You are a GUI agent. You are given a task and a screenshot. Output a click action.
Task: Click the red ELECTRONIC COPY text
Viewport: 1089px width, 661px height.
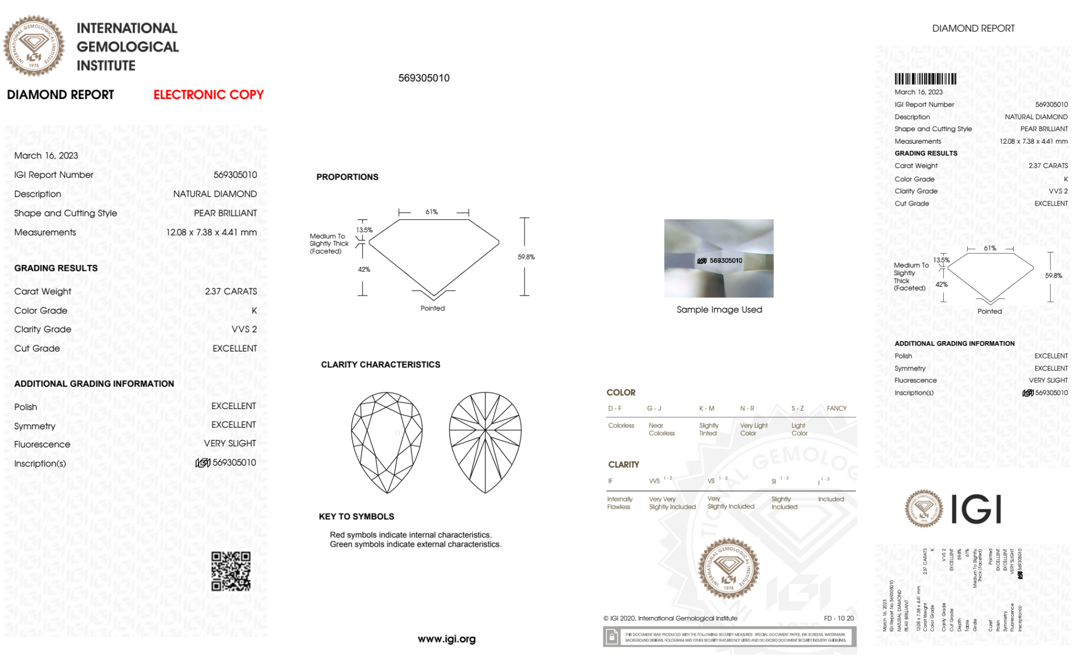(x=208, y=95)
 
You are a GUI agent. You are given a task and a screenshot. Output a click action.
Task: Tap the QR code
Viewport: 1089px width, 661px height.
(x=231, y=571)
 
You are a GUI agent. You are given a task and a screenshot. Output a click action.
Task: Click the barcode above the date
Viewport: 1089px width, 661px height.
(x=925, y=79)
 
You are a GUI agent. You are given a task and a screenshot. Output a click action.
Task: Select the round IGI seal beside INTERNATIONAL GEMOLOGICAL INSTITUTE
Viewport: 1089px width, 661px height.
(x=34, y=46)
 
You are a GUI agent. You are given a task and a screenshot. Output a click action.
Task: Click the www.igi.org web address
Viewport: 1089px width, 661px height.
(x=446, y=639)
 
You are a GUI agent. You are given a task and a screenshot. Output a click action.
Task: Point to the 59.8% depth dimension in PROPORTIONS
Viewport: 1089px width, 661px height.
(x=526, y=257)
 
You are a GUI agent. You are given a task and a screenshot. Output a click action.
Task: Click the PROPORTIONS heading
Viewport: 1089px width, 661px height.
(x=347, y=177)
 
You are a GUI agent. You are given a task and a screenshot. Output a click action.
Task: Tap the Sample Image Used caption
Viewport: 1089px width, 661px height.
(x=719, y=310)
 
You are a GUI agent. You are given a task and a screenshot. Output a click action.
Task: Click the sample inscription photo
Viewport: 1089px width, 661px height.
(x=718, y=258)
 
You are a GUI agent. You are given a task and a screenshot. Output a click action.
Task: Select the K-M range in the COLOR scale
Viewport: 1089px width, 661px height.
(x=706, y=408)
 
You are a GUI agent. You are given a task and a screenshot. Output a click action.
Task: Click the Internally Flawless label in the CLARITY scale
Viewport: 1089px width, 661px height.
(x=619, y=503)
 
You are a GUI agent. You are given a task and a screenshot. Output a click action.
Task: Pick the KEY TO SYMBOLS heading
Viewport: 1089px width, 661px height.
(x=356, y=516)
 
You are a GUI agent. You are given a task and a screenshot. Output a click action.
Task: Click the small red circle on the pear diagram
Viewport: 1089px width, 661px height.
(x=398, y=433)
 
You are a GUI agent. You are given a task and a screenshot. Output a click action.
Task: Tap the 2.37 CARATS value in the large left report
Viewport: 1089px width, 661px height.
(x=231, y=291)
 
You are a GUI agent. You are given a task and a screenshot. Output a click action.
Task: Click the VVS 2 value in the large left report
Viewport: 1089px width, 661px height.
(x=244, y=329)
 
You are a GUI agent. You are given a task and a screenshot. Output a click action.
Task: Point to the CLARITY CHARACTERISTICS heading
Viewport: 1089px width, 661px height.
(x=380, y=365)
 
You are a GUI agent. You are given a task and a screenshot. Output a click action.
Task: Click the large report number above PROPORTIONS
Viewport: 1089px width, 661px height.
(x=423, y=78)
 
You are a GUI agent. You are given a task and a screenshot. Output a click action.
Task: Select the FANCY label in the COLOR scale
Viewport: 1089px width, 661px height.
(x=836, y=408)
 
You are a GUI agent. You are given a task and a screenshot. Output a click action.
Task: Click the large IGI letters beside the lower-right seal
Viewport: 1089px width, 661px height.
(x=976, y=510)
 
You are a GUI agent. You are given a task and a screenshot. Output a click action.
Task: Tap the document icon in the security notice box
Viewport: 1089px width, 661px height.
(x=612, y=637)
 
